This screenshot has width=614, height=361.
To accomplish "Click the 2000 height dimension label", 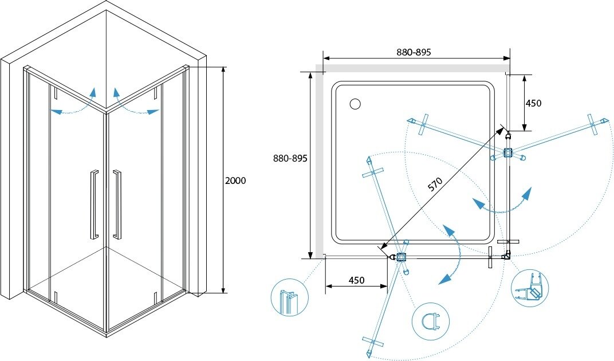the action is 236,180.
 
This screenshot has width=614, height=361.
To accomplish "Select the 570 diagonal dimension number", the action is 436,185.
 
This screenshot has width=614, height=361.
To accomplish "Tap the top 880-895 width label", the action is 414,52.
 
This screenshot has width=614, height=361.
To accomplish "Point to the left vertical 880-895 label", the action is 291,158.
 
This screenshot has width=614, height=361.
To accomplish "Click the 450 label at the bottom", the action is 356,280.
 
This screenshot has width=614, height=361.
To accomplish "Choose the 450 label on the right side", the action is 533,103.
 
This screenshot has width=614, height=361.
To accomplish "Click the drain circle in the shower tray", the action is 355,104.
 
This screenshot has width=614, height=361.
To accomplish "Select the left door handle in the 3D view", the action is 93,203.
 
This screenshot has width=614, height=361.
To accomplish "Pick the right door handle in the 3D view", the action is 117,203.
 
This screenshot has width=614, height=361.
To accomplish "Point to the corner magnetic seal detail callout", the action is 530,289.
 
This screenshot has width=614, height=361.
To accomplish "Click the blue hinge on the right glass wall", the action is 507,153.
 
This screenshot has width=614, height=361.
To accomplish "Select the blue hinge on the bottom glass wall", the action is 401,258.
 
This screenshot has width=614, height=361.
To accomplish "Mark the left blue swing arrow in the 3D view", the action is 73,104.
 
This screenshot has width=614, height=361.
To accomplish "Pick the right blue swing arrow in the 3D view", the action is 135,104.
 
